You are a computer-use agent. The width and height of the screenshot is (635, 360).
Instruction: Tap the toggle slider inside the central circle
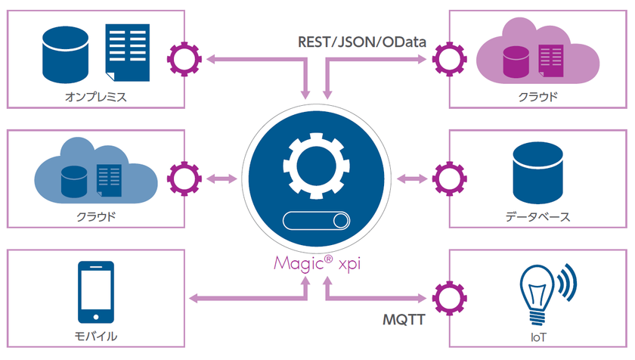[317, 222]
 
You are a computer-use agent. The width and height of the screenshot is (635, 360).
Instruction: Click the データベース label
[537, 216]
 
